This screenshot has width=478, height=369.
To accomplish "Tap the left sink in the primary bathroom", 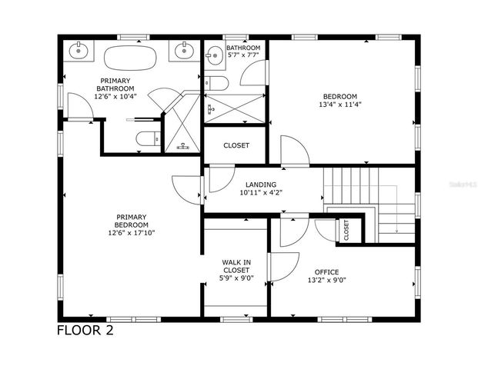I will click(79, 52).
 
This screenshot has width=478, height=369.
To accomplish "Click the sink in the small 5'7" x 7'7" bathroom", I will click(212, 53).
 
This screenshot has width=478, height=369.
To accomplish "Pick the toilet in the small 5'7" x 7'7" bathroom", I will click(216, 84).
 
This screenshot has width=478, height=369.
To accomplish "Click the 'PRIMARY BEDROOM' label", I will click(132, 221).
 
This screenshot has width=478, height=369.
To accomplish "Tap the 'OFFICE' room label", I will click(326, 271).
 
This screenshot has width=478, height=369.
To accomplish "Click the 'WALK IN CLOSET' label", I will click(236, 266).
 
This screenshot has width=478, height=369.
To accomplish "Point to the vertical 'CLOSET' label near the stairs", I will click(346, 229).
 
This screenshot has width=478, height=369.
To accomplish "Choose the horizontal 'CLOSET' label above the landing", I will click(236, 145).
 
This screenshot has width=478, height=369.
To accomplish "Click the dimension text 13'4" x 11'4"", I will click(342, 105).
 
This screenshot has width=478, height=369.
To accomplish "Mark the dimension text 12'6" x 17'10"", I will click(132, 233).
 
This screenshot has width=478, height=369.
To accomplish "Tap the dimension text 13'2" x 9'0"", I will click(326, 281).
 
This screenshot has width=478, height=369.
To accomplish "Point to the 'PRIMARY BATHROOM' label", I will click(113, 85).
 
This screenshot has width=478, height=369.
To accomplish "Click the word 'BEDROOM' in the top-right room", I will click(342, 96).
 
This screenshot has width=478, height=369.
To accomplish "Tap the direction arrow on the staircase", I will click(394, 223).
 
